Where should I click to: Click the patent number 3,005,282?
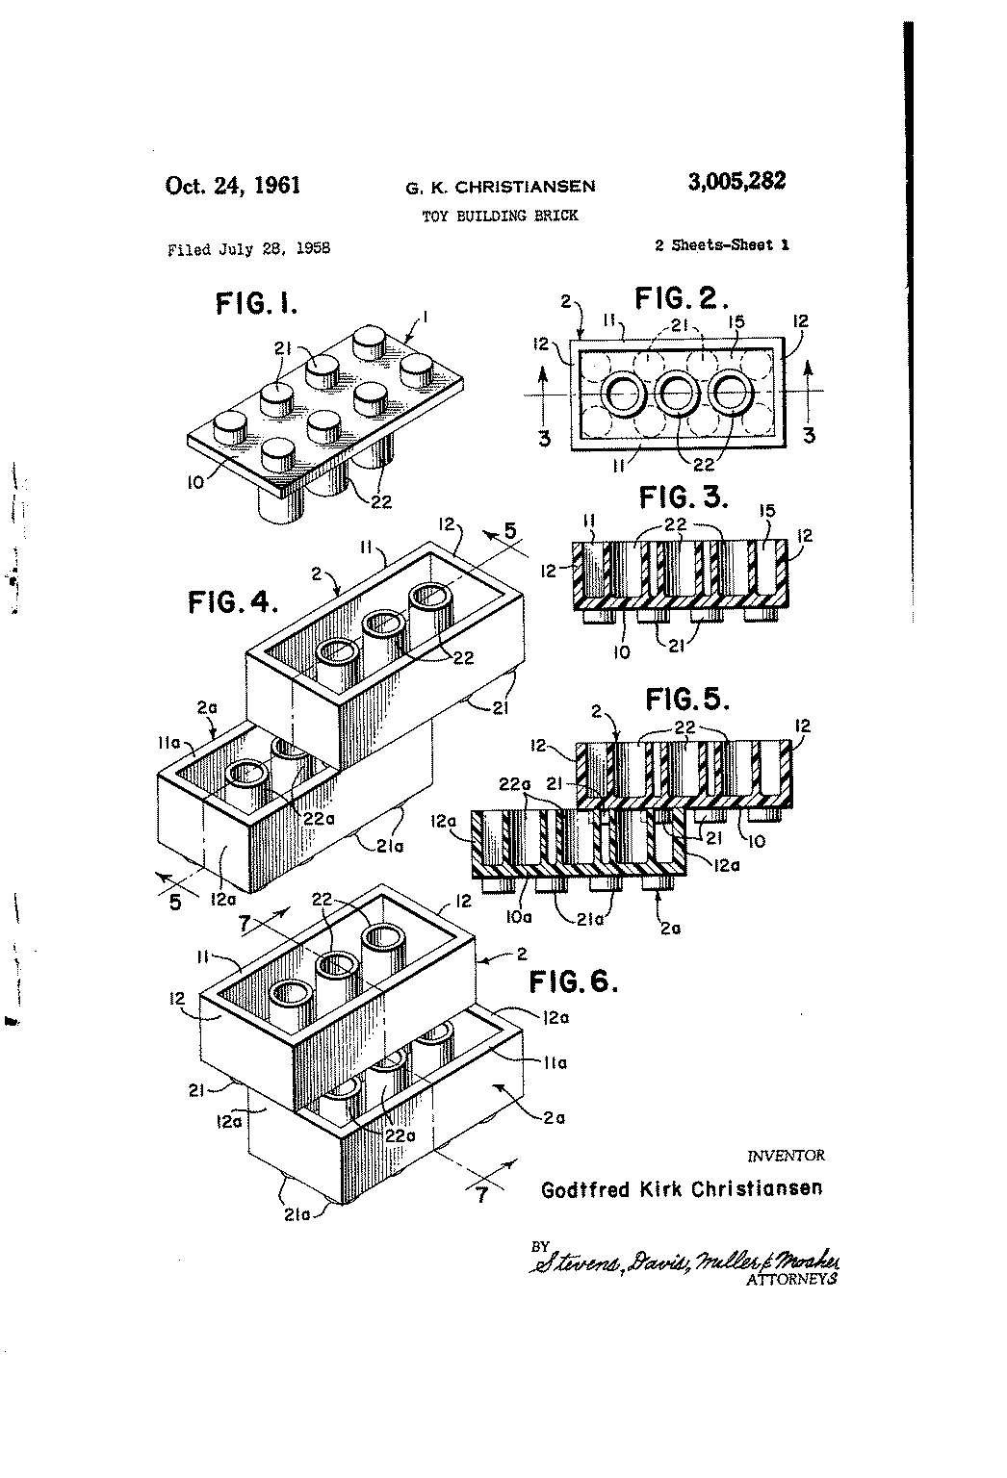(736, 181)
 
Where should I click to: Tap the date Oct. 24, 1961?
(232, 186)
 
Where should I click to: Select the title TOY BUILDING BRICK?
(500, 216)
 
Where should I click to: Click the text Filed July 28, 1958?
(249, 249)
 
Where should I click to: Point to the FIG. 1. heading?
(257, 304)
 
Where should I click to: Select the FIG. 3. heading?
(684, 497)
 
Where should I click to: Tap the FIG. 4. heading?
(232, 601)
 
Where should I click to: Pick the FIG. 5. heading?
(687, 700)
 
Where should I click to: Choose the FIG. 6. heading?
(574, 981)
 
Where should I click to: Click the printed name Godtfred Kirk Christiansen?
(682, 1189)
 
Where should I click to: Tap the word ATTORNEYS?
(791, 1280)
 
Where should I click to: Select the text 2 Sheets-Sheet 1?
(722, 244)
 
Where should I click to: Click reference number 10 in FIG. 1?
(195, 482)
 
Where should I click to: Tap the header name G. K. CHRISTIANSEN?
(501, 188)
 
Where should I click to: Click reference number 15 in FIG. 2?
(736, 321)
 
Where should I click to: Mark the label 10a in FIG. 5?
(519, 917)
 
